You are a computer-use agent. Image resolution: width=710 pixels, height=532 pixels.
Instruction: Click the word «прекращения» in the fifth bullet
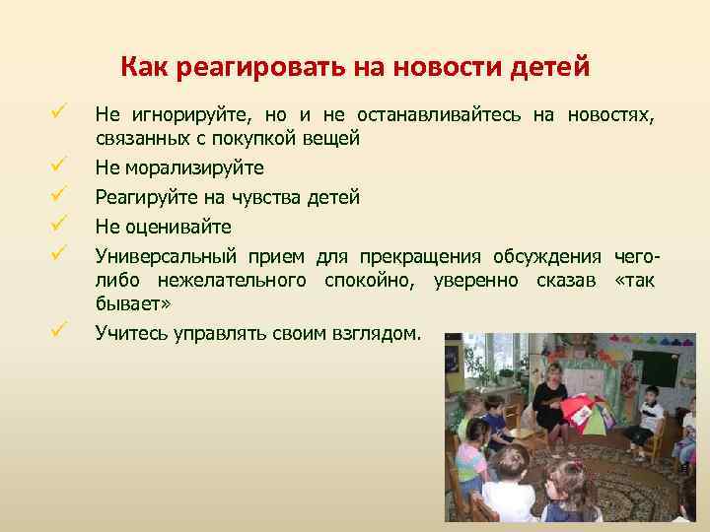[x=414, y=257]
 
